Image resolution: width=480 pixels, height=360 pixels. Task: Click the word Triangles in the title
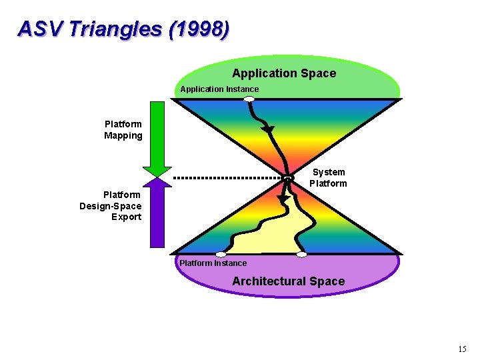(117, 29)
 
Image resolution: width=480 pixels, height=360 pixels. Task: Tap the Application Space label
(283, 73)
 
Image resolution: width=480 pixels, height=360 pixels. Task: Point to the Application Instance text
(219, 89)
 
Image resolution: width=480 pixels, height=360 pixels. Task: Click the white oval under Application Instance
(249, 99)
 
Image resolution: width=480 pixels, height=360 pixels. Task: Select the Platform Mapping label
(123, 130)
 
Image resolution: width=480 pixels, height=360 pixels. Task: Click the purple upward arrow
(157, 213)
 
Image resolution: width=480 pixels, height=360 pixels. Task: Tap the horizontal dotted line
(227, 178)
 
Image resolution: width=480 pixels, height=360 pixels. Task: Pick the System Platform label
(328, 178)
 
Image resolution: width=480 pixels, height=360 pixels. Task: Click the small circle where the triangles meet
(288, 178)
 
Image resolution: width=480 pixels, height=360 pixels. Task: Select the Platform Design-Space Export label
(111, 206)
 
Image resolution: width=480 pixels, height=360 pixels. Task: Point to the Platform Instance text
(213, 263)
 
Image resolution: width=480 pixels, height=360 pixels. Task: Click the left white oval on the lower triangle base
(221, 254)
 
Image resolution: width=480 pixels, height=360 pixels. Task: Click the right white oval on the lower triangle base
(301, 254)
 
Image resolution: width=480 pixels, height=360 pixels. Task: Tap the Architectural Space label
(288, 281)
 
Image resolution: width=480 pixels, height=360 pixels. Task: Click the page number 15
(463, 349)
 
